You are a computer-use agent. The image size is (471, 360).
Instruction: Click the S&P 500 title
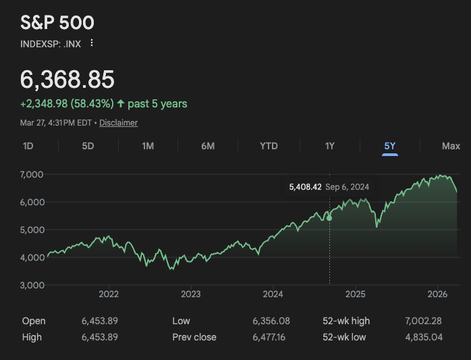57,22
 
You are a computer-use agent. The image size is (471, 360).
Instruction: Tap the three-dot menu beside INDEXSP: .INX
92,43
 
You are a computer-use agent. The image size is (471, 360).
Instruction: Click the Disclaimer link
118,123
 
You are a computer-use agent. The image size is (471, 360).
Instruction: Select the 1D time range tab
28,146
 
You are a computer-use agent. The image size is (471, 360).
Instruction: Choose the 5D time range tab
88,146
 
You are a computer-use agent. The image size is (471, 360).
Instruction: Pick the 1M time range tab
148,146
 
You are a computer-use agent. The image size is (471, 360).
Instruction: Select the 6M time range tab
208,146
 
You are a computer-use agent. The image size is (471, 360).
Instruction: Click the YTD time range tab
269,146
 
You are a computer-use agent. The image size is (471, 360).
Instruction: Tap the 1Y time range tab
329,146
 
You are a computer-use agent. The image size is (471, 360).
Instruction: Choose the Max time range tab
451,146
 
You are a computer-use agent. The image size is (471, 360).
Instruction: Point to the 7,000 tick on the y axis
32,174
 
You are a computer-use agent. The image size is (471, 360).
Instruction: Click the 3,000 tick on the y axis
32,285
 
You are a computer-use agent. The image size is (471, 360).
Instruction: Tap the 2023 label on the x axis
191,294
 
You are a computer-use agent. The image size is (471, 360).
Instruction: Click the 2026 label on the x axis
438,294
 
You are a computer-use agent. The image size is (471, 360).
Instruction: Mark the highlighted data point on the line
329,217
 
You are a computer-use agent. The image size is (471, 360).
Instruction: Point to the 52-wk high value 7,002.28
423,321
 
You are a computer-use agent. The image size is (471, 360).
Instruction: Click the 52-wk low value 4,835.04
423,337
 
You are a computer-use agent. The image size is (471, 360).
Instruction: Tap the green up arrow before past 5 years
121,104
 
